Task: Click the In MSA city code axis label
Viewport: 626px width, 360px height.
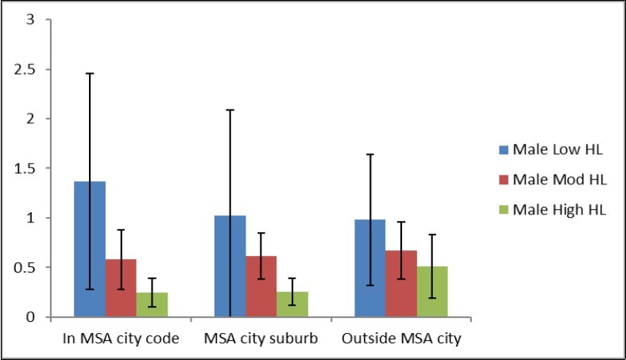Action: pyautogui.click(x=120, y=339)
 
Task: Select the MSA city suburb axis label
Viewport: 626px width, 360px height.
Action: pyautogui.click(x=261, y=339)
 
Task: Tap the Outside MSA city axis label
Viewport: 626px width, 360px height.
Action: pyautogui.click(x=401, y=339)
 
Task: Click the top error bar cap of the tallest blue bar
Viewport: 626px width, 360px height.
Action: pyautogui.click(x=89, y=73)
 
